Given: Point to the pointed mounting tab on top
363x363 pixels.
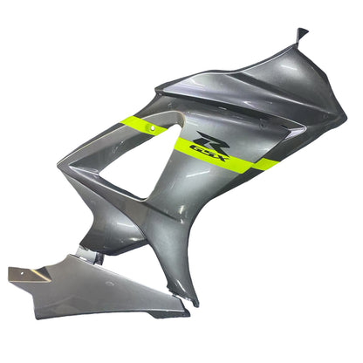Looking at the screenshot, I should (x=302, y=35).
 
